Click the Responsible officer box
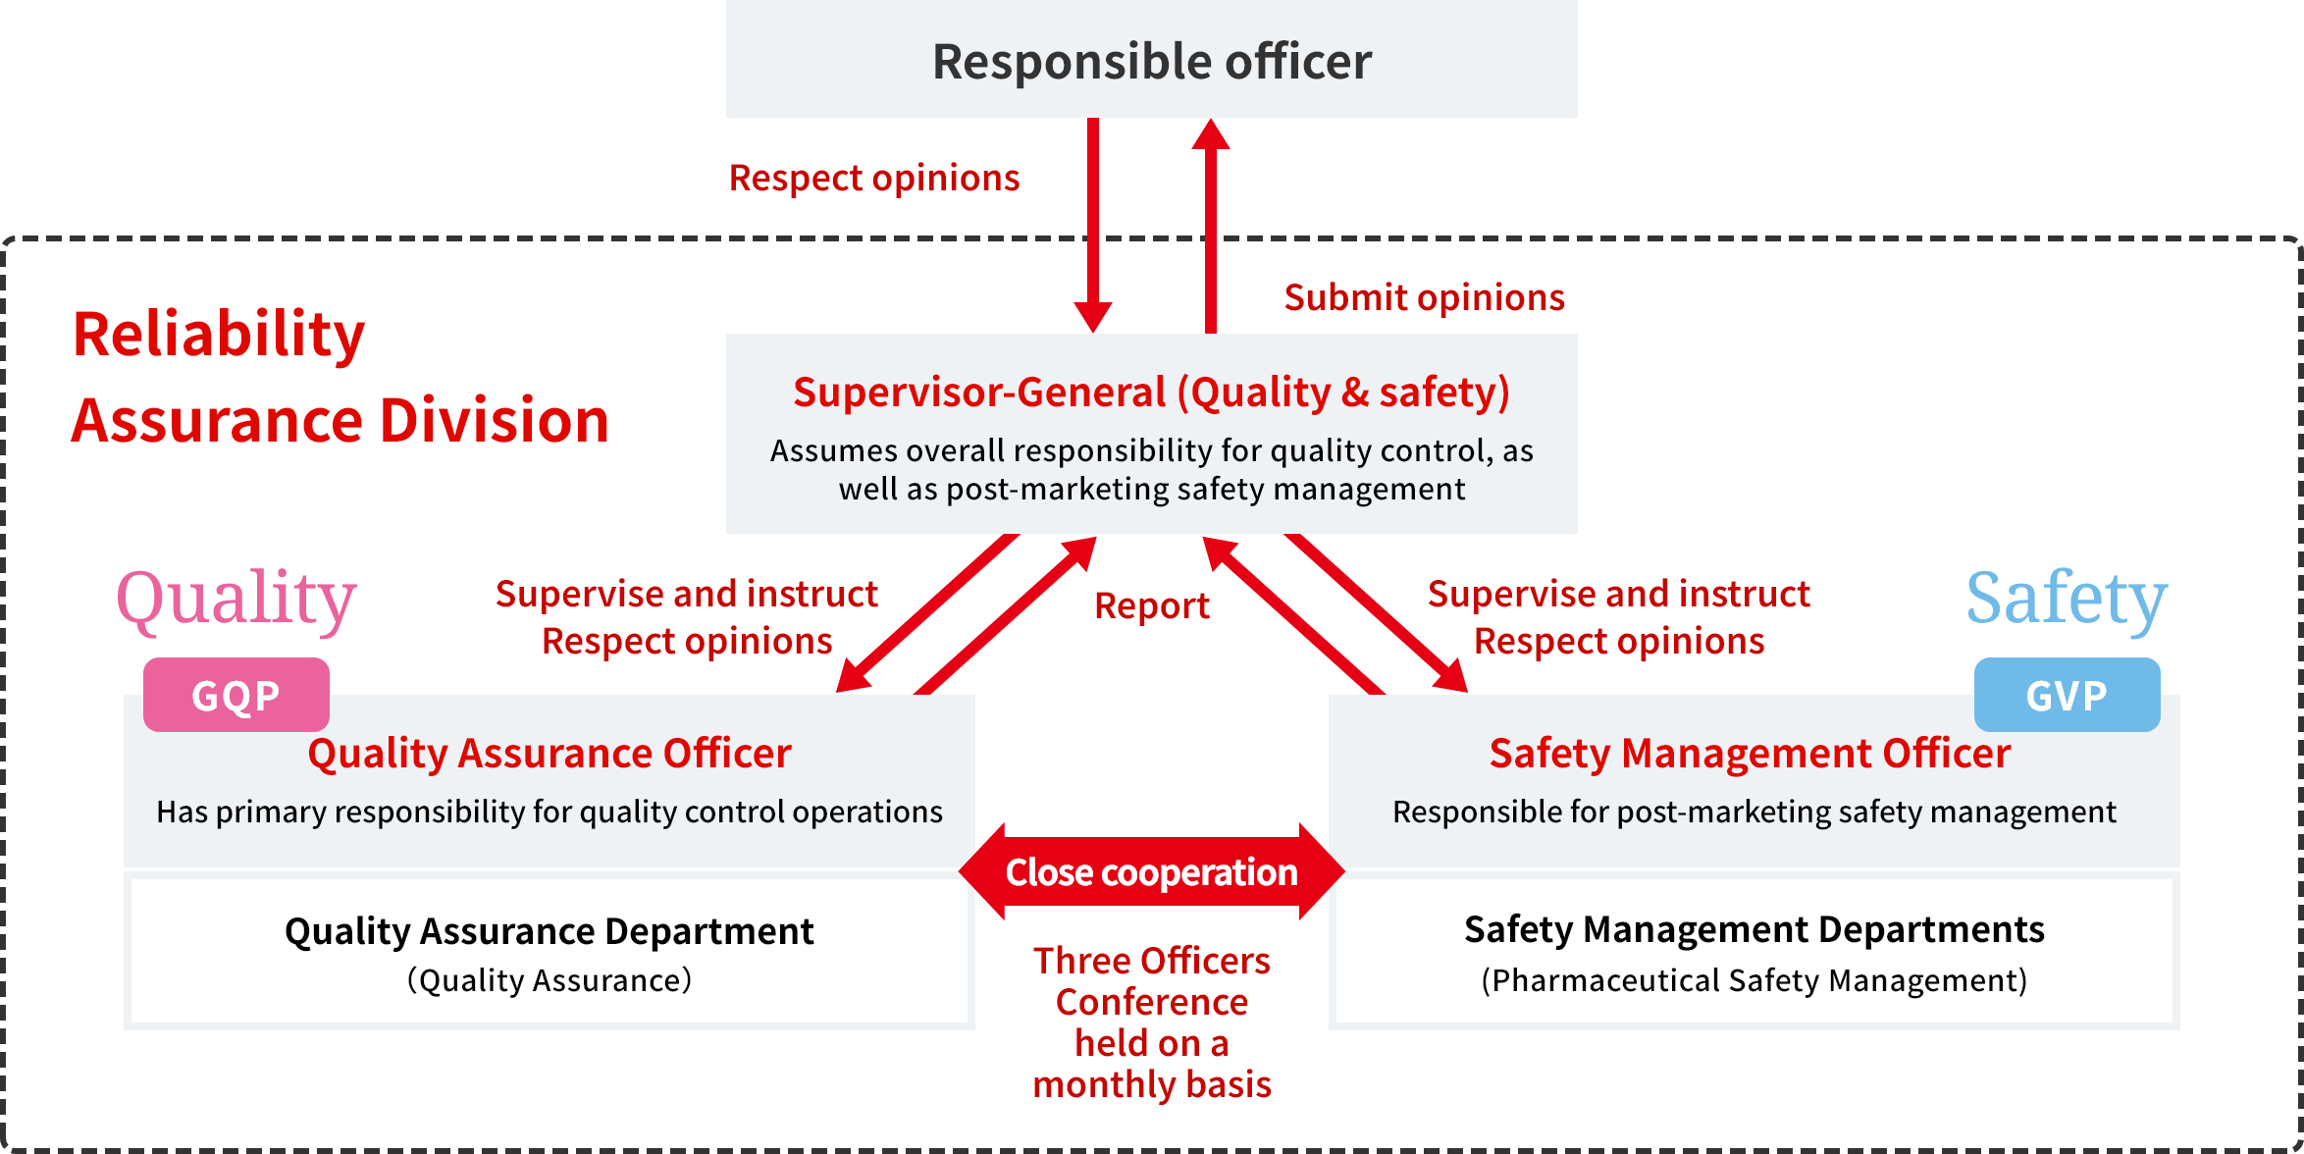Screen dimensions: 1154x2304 [1151, 60]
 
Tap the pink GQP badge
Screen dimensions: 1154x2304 [236, 695]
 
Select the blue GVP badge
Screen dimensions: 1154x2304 [2067, 695]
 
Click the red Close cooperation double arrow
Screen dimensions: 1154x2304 [1151, 871]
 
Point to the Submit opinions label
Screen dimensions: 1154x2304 [1424, 297]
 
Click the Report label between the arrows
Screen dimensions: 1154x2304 [1151, 605]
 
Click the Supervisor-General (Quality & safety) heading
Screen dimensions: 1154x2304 [1151, 392]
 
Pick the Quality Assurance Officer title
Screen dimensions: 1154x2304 [550, 753]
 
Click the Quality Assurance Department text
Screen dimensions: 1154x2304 [550, 931]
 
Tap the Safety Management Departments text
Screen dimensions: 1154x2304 [1754, 929]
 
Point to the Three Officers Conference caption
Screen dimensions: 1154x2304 [1151, 1022]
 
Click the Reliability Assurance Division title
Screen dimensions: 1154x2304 [340, 377]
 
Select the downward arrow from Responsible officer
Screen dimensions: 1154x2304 [1092, 226]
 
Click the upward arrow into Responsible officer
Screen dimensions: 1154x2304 [1210, 226]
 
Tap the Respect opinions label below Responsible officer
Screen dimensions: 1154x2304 [874, 178]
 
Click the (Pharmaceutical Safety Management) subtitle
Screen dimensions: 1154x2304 [1754, 980]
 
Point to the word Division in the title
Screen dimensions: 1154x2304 [494, 420]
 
